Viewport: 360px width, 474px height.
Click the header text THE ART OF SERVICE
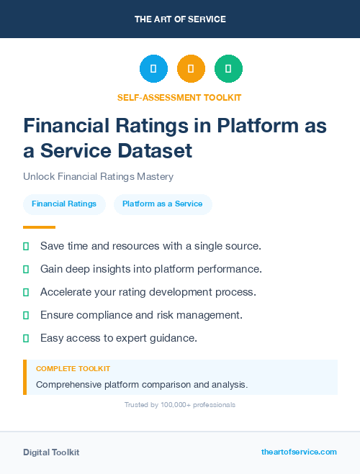180,19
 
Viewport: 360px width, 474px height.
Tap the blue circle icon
153,69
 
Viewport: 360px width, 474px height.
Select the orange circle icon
191,69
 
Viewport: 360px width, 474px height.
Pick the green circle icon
228,69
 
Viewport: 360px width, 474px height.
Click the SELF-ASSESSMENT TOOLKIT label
179,97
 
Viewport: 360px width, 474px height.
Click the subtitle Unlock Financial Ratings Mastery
98,176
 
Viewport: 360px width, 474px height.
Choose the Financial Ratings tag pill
64,204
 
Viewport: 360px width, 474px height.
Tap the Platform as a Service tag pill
162,204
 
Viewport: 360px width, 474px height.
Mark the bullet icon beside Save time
26,246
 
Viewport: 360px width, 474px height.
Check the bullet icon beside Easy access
26,338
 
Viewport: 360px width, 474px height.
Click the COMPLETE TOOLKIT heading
73,368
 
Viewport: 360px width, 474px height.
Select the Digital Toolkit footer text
51,452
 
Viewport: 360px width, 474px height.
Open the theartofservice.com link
299,452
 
